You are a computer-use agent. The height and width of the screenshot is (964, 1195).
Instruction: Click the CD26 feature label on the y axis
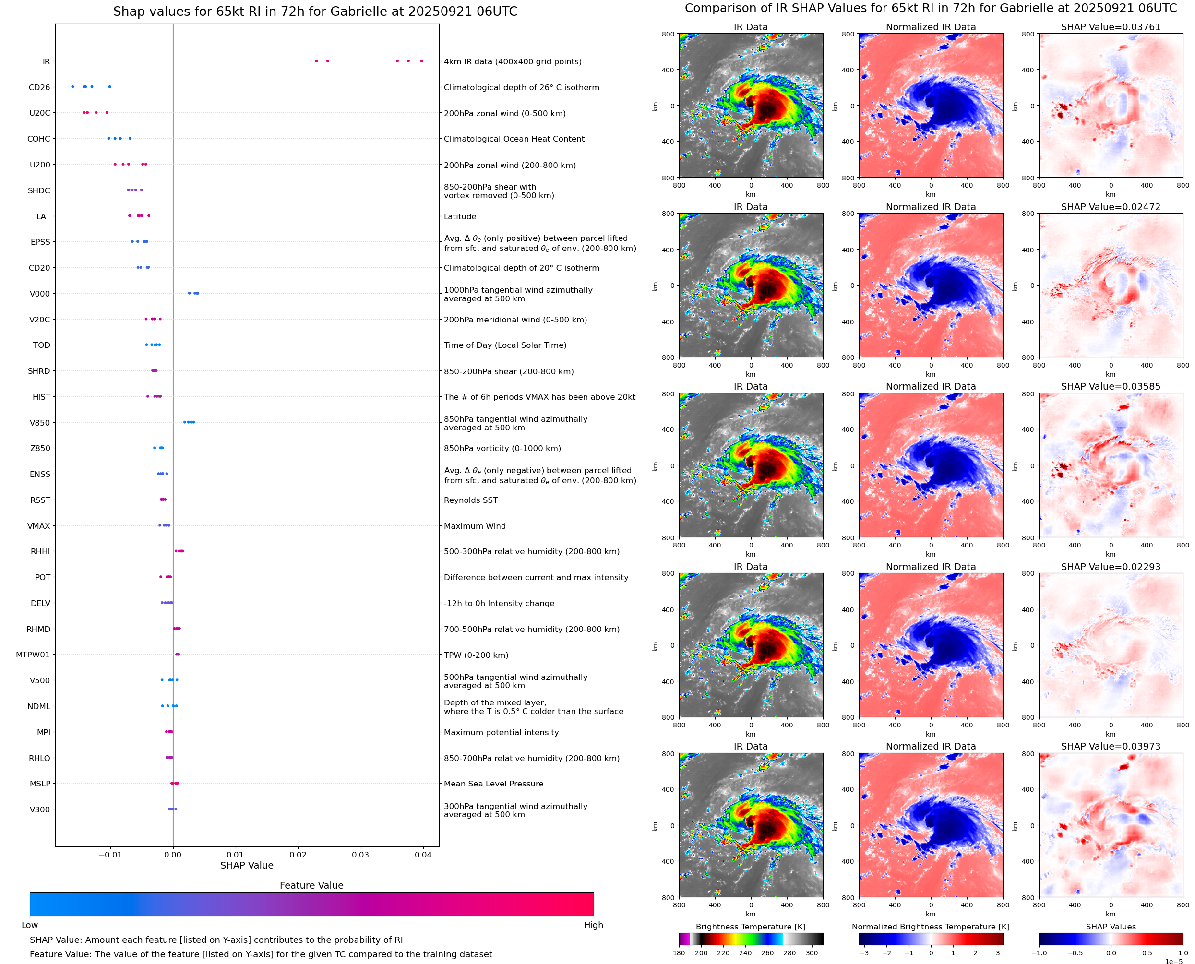click(39, 87)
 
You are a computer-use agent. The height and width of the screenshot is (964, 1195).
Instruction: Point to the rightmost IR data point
click(421, 60)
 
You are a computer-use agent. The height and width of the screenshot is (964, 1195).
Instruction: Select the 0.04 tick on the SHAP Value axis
click(423, 855)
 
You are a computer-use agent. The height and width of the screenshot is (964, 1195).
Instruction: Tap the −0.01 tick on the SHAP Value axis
click(110, 855)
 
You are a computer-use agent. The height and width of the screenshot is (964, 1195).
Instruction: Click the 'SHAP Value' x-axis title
click(247, 865)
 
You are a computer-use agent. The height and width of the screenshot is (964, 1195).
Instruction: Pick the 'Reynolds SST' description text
click(470, 500)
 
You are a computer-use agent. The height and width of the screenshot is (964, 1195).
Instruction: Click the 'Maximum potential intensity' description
click(501, 732)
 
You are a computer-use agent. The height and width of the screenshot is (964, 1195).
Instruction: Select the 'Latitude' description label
click(460, 216)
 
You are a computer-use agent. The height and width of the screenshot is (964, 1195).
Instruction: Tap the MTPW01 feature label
click(33, 655)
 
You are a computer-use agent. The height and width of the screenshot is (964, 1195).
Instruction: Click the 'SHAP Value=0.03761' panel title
click(1110, 27)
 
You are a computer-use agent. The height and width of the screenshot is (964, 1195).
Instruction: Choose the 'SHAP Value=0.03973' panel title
click(1110, 746)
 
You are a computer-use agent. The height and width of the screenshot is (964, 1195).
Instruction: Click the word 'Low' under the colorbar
click(29, 925)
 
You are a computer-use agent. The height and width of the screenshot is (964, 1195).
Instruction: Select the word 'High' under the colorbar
click(593, 925)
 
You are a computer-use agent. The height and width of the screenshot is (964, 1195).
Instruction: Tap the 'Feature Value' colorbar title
click(311, 885)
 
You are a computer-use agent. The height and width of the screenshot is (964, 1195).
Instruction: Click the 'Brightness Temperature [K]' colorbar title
click(750, 927)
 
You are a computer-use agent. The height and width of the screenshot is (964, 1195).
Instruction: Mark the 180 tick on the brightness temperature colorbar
click(679, 953)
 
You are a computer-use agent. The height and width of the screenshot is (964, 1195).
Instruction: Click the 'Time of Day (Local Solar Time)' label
click(505, 345)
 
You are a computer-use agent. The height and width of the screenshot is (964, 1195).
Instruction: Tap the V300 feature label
click(40, 809)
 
